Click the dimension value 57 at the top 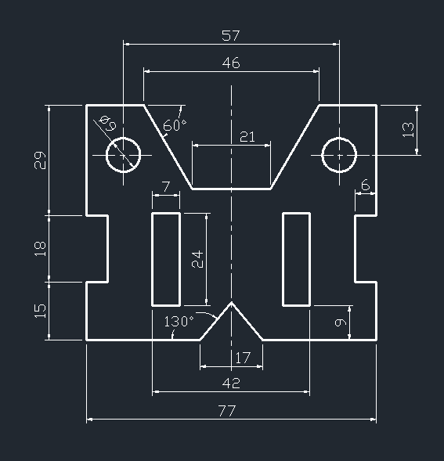click(x=231, y=35)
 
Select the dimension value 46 click(x=231, y=63)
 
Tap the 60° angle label click(x=175, y=124)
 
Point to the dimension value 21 click(x=247, y=137)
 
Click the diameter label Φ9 click(x=107, y=123)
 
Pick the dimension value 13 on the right click(x=408, y=130)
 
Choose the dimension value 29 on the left click(x=41, y=160)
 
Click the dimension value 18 click(x=41, y=248)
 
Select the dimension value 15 click(x=41, y=310)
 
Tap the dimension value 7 click(x=165, y=186)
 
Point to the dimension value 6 click(x=365, y=185)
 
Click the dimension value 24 click(x=197, y=259)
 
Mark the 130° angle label click(x=178, y=321)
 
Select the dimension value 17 click(x=243, y=358)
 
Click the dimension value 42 click(x=231, y=383)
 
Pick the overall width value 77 click(x=227, y=410)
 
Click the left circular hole click(x=124, y=153)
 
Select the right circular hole click(x=339, y=153)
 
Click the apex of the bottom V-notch click(x=232, y=301)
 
